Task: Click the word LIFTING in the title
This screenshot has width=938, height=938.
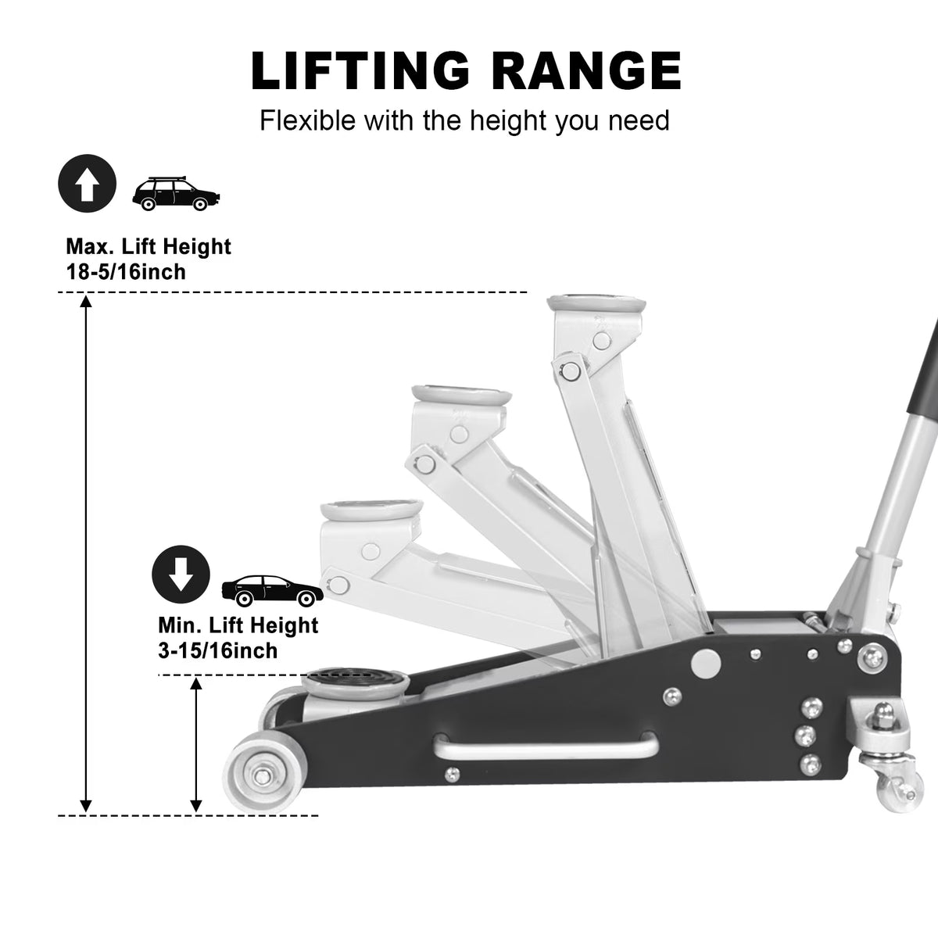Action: (360, 70)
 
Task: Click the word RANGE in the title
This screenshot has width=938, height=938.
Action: (585, 70)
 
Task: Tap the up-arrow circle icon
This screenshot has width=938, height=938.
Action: (87, 183)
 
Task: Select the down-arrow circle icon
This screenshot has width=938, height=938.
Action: (181, 575)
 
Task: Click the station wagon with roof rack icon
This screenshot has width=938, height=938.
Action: (176, 194)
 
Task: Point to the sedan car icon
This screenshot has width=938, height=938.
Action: (272, 590)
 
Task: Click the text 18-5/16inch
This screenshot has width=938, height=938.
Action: (126, 271)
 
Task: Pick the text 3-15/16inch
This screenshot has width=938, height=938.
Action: (217, 650)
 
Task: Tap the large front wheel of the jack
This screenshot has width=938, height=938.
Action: (263, 776)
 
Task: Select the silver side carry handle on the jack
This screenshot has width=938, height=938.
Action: (546, 747)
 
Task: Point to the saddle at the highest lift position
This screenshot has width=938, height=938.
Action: (596, 304)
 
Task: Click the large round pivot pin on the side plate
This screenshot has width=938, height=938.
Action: (705, 663)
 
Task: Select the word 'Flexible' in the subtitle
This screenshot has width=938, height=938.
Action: (308, 120)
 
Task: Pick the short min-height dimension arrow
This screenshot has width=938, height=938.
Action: (195, 745)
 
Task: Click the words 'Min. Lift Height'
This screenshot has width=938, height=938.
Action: (238, 625)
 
